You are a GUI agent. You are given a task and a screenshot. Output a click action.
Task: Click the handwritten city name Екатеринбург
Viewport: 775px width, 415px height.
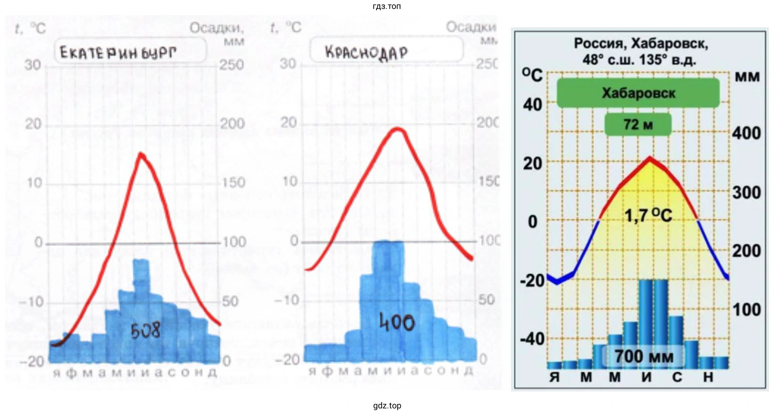pos(118,52)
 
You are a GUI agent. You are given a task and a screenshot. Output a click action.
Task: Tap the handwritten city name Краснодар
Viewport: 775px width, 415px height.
pos(366,52)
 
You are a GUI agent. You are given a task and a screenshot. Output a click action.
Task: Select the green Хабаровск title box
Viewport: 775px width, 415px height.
pos(638,93)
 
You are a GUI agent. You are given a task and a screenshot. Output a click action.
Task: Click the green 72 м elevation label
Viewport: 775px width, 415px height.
pos(638,124)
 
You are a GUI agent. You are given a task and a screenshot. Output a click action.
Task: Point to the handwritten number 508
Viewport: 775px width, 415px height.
pos(145,330)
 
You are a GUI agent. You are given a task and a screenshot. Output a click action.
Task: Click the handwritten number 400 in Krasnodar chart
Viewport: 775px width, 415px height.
pos(397,323)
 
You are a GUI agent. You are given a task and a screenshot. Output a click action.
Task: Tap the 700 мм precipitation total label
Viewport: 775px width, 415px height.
pos(643,356)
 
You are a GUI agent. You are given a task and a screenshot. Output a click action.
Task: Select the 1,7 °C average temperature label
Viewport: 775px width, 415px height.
pos(648,215)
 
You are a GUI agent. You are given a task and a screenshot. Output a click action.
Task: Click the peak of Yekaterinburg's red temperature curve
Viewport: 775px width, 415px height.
pos(141,154)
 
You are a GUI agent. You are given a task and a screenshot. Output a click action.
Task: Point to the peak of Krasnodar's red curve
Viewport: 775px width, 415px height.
pos(398,129)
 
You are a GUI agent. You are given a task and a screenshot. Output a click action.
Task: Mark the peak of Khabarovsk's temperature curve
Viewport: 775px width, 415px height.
pos(650,158)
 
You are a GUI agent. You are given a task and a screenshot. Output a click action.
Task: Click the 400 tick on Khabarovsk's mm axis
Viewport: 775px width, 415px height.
pos(746,133)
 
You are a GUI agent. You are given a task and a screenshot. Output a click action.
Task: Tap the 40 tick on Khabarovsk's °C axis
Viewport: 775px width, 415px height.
pos(532,105)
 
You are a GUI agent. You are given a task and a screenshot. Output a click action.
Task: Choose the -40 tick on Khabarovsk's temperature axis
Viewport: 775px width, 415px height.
pos(532,339)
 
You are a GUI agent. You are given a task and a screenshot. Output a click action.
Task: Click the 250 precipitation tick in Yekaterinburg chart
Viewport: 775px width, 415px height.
pos(232,65)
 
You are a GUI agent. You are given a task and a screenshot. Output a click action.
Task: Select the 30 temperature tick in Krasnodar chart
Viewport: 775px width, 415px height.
pos(288,64)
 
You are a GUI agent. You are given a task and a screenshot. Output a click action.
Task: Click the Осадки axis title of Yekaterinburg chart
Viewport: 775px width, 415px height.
pos(217,28)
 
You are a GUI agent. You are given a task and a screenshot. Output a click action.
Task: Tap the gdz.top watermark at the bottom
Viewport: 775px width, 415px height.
pos(387,406)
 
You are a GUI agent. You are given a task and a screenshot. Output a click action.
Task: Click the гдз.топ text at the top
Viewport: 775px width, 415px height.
pos(387,6)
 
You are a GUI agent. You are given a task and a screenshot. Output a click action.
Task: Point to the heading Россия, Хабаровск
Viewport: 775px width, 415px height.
pos(640,44)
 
